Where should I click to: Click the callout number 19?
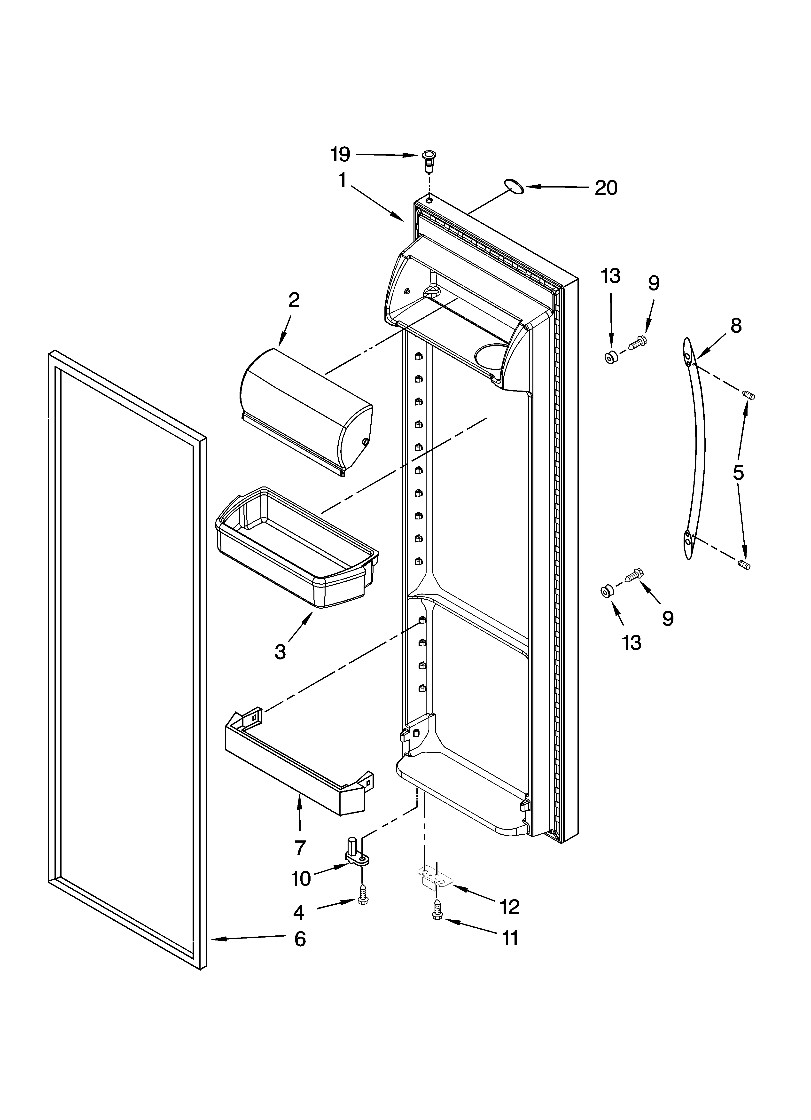(x=340, y=155)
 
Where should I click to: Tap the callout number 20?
(x=606, y=188)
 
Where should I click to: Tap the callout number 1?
(x=342, y=181)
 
